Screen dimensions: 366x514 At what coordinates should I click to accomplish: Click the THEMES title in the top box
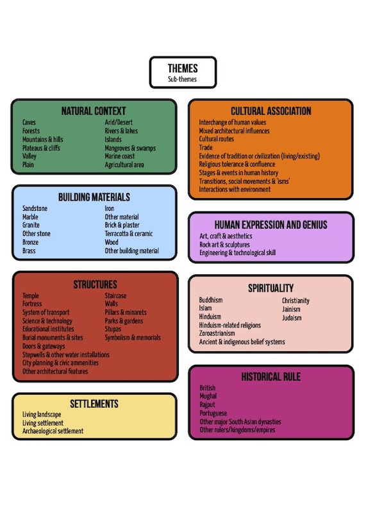click(183, 68)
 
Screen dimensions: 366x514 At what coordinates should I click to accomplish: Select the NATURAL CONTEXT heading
click(94, 111)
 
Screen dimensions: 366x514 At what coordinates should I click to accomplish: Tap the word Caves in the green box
click(29, 122)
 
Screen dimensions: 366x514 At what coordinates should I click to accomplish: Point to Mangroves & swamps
click(130, 148)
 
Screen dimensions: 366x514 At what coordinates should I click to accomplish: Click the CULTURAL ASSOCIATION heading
click(271, 111)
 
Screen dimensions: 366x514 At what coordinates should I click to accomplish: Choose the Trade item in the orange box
click(206, 147)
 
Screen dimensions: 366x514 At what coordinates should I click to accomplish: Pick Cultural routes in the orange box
click(217, 139)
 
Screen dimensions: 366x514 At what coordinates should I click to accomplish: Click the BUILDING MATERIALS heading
click(94, 197)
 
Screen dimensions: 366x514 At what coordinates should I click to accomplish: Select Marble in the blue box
click(30, 217)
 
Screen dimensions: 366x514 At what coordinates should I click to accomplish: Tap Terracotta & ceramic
click(129, 234)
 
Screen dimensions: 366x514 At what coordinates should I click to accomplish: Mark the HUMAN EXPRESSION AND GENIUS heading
click(271, 224)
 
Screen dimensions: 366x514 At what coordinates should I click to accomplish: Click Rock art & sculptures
click(224, 245)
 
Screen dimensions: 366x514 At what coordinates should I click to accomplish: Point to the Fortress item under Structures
click(32, 304)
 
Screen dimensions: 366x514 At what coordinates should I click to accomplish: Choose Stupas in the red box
click(113, 329)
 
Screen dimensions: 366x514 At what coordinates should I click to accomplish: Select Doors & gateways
click(44, 346)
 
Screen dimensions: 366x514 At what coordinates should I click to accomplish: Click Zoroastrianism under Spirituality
click(217, 333)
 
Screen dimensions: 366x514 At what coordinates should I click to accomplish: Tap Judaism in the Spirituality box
click(292, 318)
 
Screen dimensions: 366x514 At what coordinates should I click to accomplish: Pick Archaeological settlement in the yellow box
click(53, 431)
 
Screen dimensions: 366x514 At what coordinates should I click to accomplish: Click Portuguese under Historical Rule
click(213, 413)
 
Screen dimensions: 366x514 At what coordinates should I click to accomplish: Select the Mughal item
click(208, 396)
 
